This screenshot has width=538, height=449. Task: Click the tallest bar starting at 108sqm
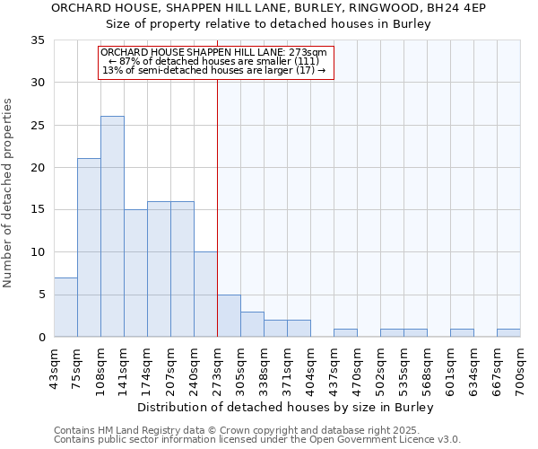pyautogui.click(x=112, y=226)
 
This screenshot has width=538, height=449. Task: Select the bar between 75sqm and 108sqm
pyautogui.click(x=89, y=248)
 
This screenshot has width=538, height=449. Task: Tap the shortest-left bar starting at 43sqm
pyautogui.click(x=65, y=307)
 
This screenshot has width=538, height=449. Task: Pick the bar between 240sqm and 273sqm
pyautogui.click(x=205, y=295)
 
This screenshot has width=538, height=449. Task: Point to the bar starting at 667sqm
pyautogui.click(x=508, y=333)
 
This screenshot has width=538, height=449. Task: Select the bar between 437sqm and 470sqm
pyautogui.click(x=345, y=333)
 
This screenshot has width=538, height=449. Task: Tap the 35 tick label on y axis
pyautogui.click(x=38, y=40)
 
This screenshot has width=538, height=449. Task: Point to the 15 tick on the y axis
pyautogui.click(x=38, y=210)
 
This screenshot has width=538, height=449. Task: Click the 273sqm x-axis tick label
pyautogui.click(x=218, y=368)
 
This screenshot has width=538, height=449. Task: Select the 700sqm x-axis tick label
pyautogui.click(x=521, y=368)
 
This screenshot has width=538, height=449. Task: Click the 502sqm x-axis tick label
pyautogui.click(x=381, y=368)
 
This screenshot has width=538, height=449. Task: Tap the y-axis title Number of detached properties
pyautogui.click(x=9, y=193)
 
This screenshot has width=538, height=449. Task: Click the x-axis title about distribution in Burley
pyautogui.click(x=287, y=407)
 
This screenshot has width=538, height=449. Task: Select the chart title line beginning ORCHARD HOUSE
pyautogui.click(x=268, y=8)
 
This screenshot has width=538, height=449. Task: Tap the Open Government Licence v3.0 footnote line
pyautogui.click(x=257, y=440)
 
